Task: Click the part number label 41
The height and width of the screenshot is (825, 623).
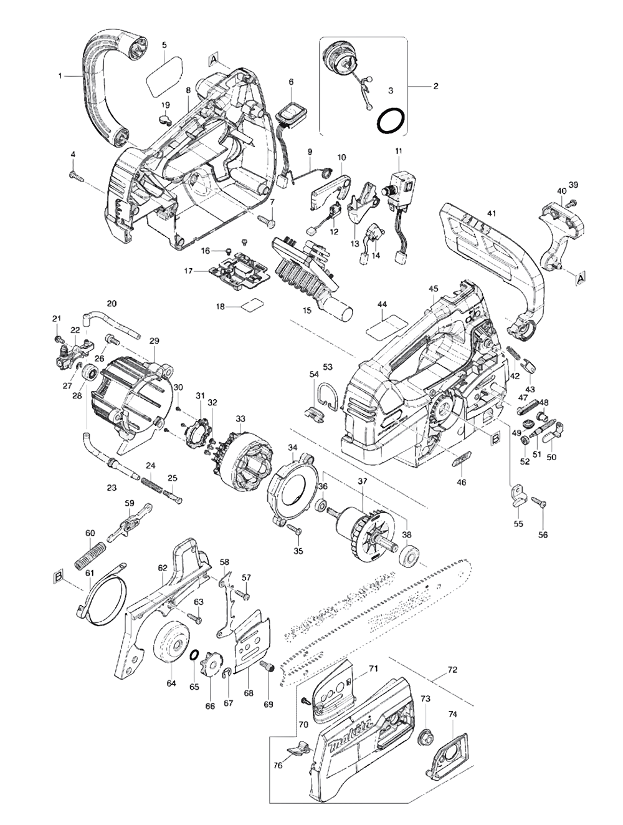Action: click(x=492, y=214)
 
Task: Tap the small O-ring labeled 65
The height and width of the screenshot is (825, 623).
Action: click(x=194, y=655)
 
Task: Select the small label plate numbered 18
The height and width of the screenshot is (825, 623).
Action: click(x=252, y=305)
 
